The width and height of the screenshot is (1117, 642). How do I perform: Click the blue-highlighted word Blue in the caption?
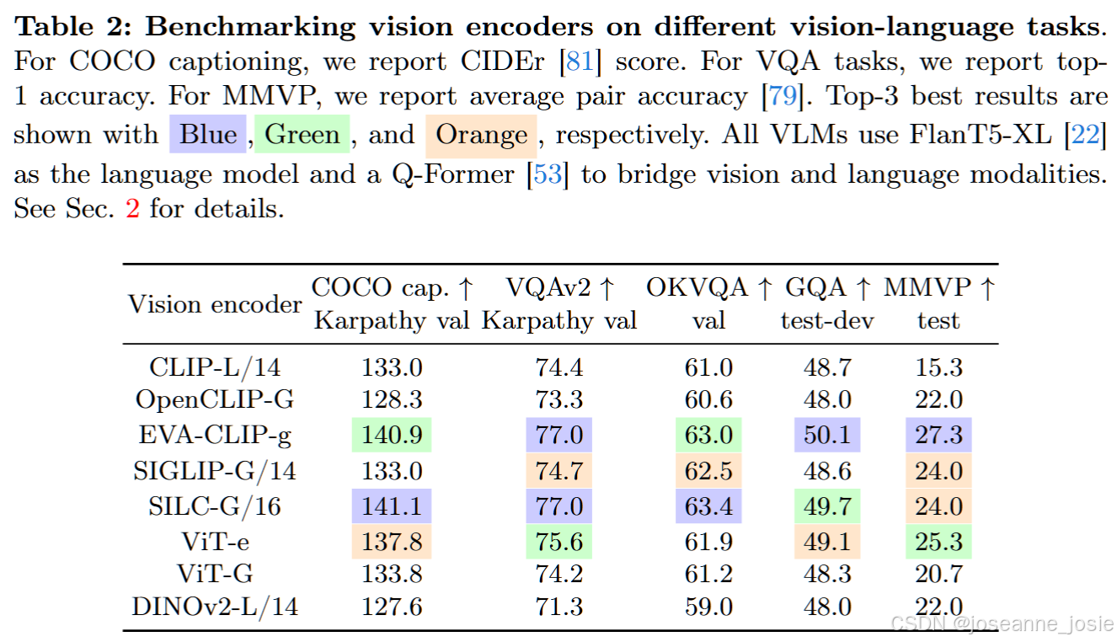click(x=208, y=135)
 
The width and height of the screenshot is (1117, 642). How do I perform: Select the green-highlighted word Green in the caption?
click(x=302, y=135)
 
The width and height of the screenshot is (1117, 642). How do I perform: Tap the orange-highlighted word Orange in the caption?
click(x=482, y=135)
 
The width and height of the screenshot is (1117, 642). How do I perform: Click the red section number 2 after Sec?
click(x=132, y=208)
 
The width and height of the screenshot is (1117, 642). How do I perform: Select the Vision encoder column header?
click(x=215, y=304)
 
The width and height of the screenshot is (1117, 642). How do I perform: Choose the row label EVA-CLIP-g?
click(x=215, y=436)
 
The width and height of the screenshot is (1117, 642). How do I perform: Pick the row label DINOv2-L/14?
click(x=215, y=606)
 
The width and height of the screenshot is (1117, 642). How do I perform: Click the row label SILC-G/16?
click(x=215, y=506)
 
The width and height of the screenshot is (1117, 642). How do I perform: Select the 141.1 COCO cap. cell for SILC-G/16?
click(x=392, y=506)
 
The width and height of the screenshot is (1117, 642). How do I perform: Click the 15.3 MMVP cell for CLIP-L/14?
click(x=938, y=368)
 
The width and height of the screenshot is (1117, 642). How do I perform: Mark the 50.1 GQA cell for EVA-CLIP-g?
click(x=826, y=436)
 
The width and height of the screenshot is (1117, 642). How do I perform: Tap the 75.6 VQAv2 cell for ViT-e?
click(x=558, y=541)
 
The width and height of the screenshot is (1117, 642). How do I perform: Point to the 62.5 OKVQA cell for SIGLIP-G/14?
click(x=708, y=471)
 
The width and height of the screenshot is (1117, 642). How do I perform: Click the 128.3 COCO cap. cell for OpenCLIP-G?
click(x=392, y=399)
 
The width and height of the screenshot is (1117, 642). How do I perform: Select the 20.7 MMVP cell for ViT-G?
click(x=938, y=575)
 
